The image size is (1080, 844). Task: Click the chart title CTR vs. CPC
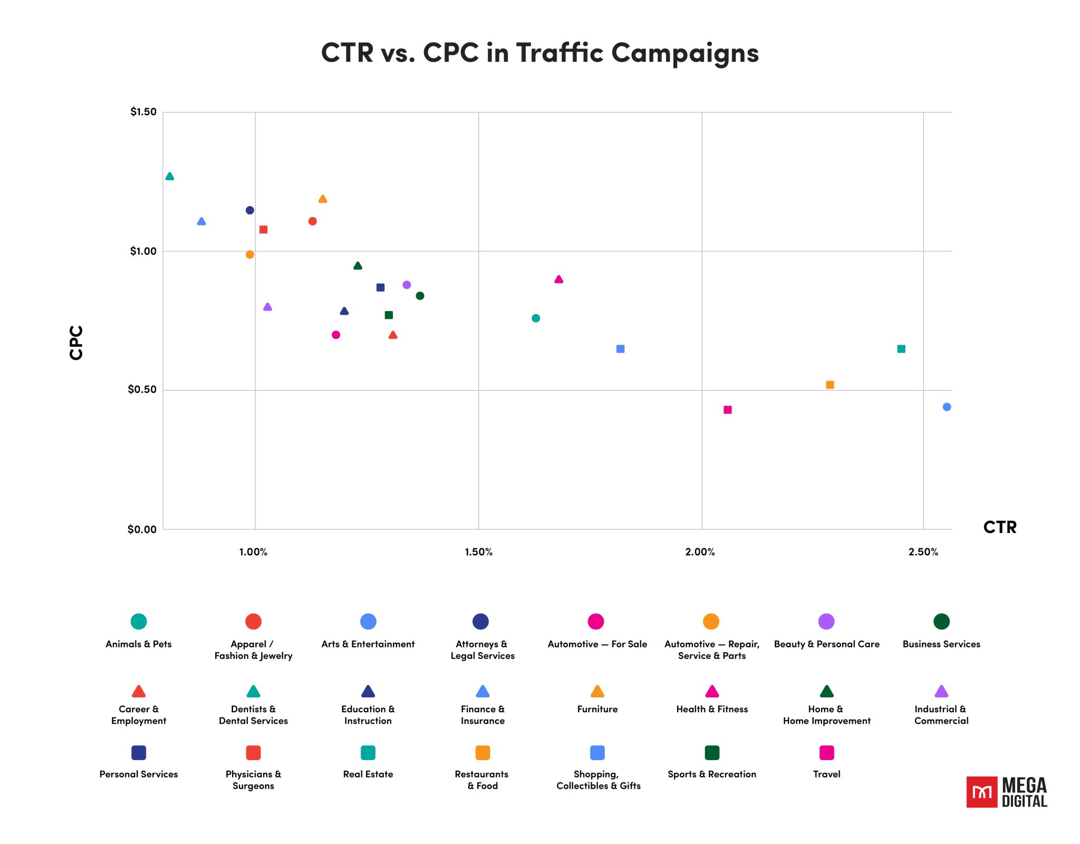(539, 53)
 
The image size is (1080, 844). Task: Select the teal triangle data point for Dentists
(169, 177)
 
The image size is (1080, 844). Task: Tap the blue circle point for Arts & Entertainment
(947, 407)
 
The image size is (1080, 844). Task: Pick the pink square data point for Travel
(728, 410)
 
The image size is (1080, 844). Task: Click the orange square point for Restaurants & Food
(830, 385)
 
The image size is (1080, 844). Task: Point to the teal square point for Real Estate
(901, 349)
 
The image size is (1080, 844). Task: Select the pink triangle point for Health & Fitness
(559, 279)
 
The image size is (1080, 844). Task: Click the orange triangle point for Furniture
(323, 199)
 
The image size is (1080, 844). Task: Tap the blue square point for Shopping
(621, 349)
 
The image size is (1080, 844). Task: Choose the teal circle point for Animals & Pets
(536, 318)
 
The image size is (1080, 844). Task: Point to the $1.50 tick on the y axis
(143, 112)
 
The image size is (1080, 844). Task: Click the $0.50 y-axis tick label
(142, 390)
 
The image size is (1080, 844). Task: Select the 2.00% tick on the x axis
(700, 552)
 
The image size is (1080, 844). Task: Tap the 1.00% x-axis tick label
(253, 552)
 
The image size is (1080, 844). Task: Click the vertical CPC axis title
(76, 343)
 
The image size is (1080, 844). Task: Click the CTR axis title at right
(999, 527)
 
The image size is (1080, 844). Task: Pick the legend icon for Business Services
(941, 622)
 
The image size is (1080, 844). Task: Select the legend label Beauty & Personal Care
(826, 644)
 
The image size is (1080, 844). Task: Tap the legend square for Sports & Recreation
(712, 753)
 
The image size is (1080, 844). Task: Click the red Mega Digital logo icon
(981, 792)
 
